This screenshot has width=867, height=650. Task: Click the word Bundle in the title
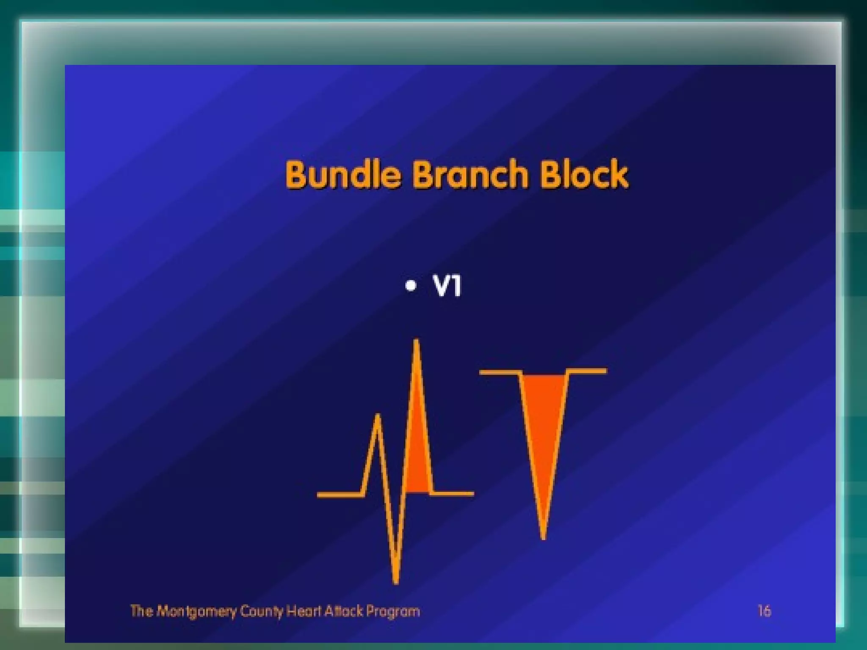click(343, 174)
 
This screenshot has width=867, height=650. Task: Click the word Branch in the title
click(470, 174)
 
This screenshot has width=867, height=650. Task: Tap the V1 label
click(447, 286)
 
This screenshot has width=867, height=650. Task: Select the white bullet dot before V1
click(410, 286)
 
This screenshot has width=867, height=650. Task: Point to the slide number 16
click(764, 611)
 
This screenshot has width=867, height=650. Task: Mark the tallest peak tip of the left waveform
click(416, 341)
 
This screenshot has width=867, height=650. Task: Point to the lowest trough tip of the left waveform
click(396, 581)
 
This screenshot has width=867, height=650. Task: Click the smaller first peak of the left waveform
click(378, 416)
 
